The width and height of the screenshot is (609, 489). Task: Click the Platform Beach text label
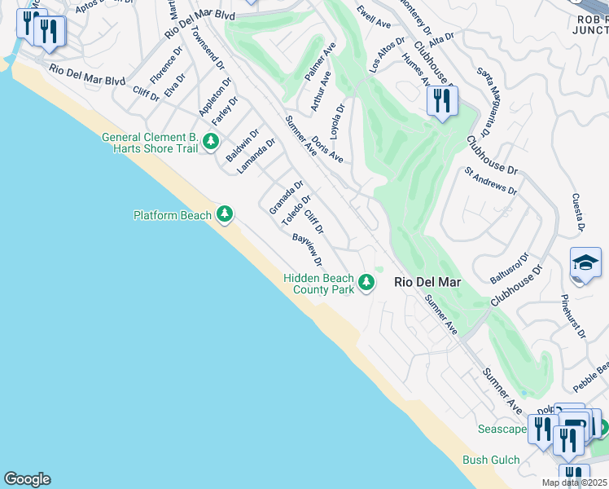click(x=173, y=215)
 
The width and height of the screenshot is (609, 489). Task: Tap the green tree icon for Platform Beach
click(x=225, y=215)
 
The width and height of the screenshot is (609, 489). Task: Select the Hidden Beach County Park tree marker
click(x=367, y=282)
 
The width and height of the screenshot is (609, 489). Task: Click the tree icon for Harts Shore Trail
click(x=211, y=143)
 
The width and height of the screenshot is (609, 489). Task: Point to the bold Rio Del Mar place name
click(x=427, y=282)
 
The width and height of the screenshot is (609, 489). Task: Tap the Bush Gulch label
click(x=491, y=460)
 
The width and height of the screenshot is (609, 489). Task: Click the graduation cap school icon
click(x=585, y=263)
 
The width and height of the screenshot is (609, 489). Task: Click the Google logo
click(x=27, y=479)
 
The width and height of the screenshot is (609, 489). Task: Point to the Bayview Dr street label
click(x=308, y=250)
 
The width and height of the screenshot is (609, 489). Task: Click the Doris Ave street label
click(x=327, y=148)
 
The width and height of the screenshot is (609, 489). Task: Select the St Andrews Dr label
click(x=490, y=181)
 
